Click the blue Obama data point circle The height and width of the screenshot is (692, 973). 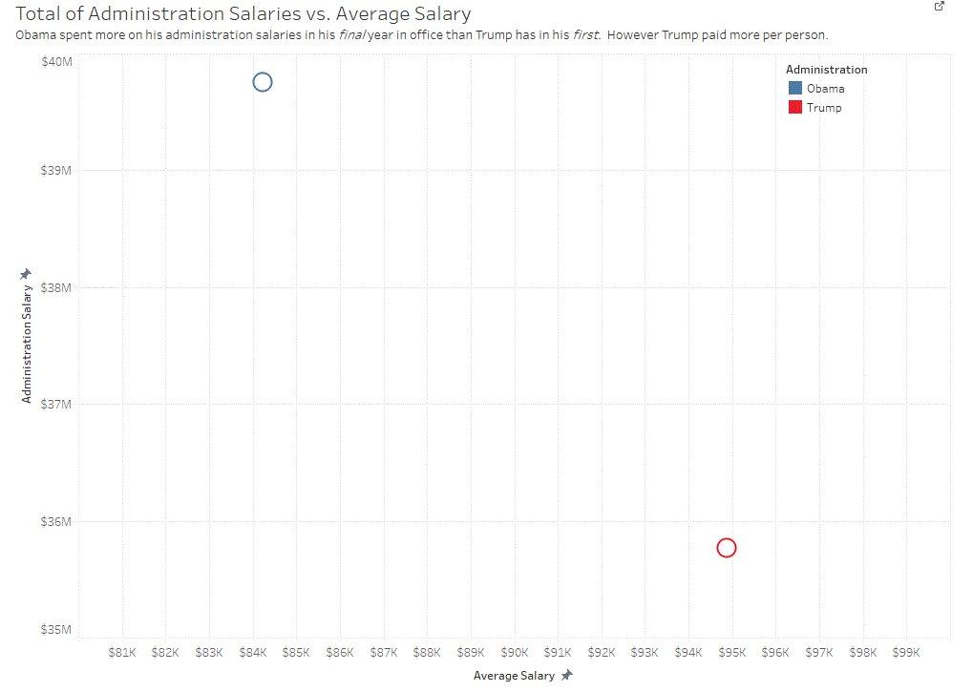tap(263, 82)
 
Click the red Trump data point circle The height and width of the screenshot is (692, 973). tap(726, 548)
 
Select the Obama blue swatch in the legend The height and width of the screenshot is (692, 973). tap(795, 88)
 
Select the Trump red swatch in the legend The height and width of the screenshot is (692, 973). tap(795, 108)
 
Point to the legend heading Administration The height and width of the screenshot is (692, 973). tap(827, 70)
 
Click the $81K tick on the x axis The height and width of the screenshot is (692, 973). tap(122, 653)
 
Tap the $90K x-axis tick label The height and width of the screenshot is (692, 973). tap(515, 653)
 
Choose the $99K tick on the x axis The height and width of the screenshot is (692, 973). tap(906, 653)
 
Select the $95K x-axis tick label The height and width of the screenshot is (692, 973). tap(731, 653)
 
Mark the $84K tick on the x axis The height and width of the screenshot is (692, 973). tap(253, 653)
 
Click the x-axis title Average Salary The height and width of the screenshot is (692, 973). tap(514, 676)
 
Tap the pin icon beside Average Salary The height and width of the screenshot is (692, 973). tap(567, 676)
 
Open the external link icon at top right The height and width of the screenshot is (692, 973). tap(940, 7)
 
